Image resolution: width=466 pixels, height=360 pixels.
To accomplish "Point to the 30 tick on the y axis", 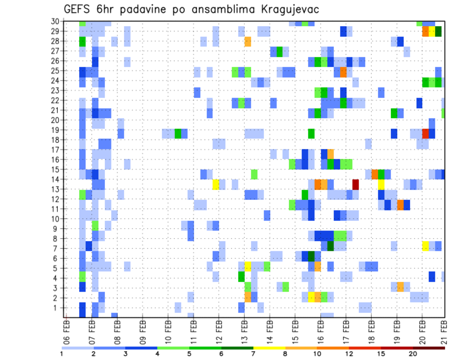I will click(x=55, y=21).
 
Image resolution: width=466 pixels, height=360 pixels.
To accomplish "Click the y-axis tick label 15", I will click(x=55, y=169).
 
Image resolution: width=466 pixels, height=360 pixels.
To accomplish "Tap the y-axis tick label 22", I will click(x=55, y=100).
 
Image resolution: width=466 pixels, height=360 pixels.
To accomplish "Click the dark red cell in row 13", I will click(x=355, y=184).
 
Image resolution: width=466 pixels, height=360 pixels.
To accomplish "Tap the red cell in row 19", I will click(x=426, y=133).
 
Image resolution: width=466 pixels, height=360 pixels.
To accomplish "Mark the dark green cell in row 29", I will click(x=438, y=32).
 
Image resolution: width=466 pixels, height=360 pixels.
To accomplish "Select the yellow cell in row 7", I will click(x=426, y=245).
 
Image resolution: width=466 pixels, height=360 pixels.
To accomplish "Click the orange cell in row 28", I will click(x=248, y=41).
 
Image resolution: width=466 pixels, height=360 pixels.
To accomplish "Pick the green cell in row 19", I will click(x=178, y=133).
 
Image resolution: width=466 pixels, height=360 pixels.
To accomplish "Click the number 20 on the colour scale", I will click(x=413, y=354).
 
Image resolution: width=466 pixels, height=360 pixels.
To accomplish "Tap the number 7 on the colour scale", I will click(x=252, y=354).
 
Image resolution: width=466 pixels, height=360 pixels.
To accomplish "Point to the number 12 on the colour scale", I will click(x=349, y=354).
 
